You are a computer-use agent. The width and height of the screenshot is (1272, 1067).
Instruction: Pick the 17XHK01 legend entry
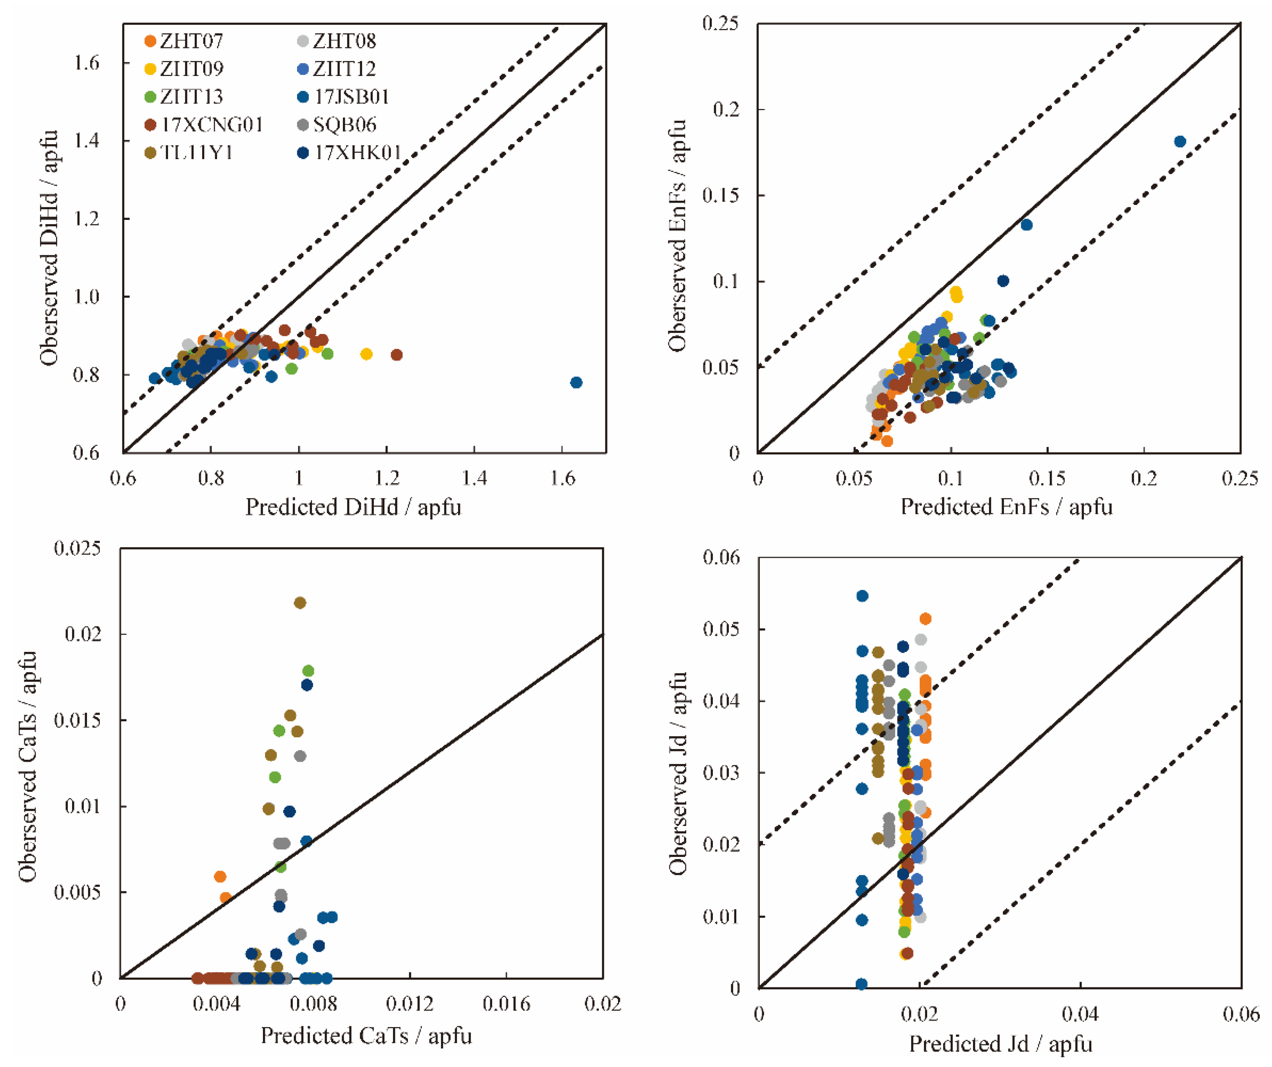click(x=350, y=153)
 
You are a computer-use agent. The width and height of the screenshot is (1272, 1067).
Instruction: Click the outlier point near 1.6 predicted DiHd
click(x=576, y=382)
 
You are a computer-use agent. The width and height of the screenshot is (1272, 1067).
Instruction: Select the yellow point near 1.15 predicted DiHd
click(x=366, y=354)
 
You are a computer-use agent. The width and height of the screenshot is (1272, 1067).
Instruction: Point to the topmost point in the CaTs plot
click(x=300, y=602)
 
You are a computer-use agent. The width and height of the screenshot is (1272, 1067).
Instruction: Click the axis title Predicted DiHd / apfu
click(x=353, y=507)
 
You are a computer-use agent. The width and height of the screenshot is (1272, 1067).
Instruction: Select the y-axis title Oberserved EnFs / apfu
click(x=677, y=235)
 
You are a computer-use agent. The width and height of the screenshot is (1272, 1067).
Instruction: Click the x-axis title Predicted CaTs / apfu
click(x=366, y=1036)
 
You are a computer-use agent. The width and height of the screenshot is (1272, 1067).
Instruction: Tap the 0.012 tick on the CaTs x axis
click(x=410, y=1004)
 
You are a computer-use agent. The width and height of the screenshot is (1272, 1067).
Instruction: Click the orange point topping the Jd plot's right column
click(x=926, y=619)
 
